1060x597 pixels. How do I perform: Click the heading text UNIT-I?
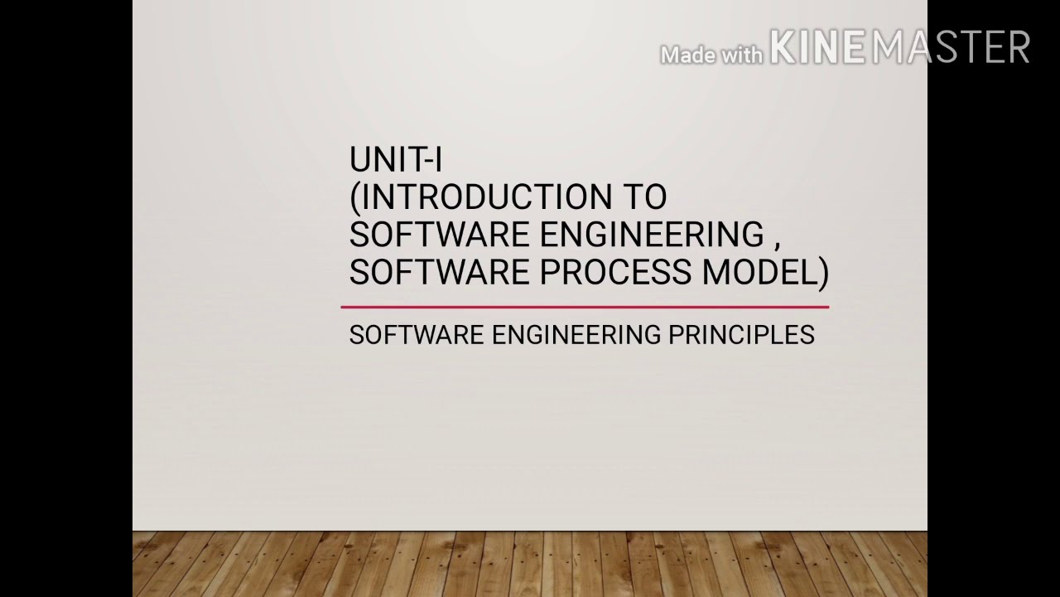click(395, 159)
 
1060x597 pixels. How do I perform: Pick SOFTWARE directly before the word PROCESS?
click(439, 272)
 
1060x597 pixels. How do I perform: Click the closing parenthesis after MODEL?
click(823, 273)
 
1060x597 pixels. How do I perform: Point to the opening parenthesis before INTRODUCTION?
click(355, 198)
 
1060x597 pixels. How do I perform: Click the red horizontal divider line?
click(585, 307)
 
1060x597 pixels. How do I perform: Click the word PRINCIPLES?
click(741, 335)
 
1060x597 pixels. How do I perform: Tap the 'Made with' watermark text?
click(711, 56)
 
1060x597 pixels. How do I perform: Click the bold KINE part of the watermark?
click(817, 47)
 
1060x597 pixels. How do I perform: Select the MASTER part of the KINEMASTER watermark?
click(951, 47)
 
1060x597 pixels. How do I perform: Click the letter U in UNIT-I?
click(359, 159)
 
